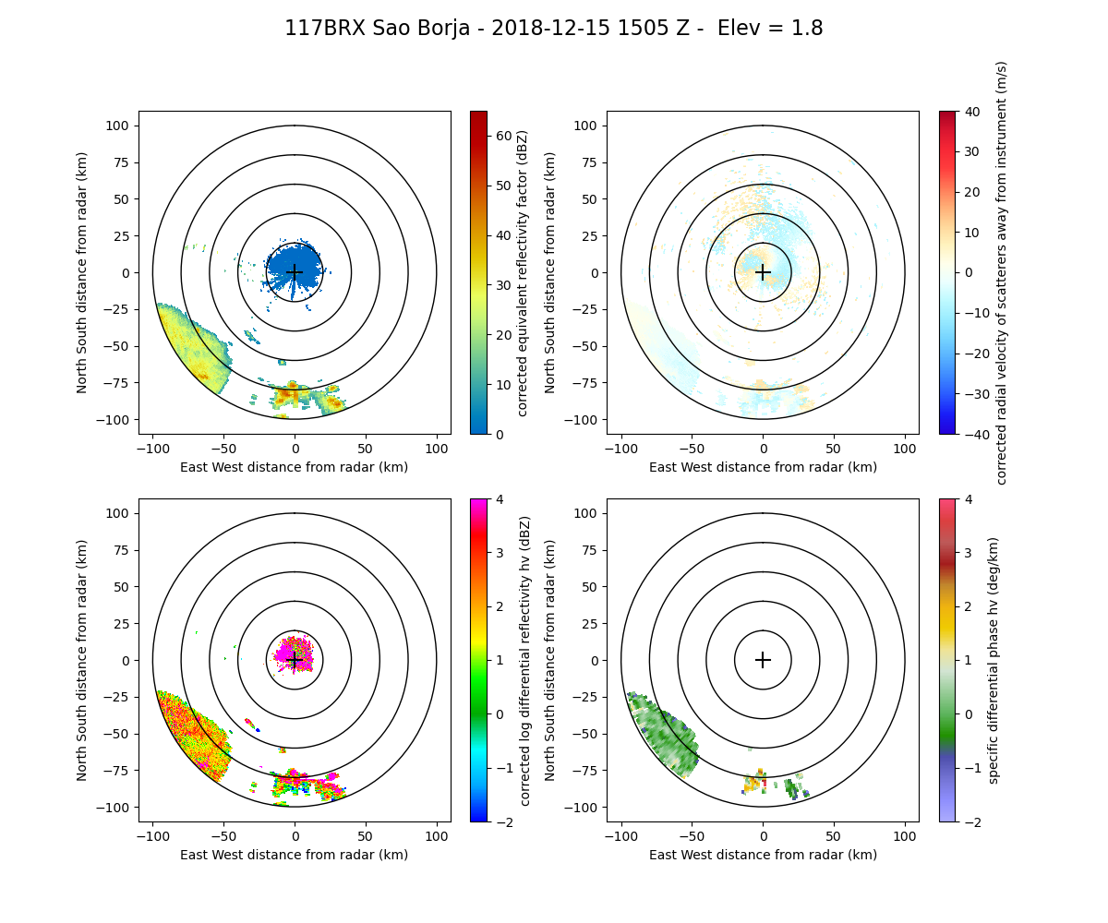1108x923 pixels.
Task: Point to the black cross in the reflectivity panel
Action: coord(295,272)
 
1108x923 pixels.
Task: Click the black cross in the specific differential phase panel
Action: coord(763,660)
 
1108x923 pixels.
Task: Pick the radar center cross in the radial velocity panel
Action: coord(763,272)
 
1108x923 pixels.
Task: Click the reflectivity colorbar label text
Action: coord(523,272)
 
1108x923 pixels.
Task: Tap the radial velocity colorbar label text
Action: coord(1002,272)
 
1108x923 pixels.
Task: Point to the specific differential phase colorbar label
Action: coord(994,660)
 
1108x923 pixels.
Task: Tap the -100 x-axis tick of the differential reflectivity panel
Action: coord(153,835)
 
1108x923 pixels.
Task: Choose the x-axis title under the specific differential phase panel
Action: coord(763,855)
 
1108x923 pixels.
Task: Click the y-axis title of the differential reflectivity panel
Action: coord(82,660)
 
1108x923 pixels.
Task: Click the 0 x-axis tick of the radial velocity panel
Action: coord(763,448)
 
